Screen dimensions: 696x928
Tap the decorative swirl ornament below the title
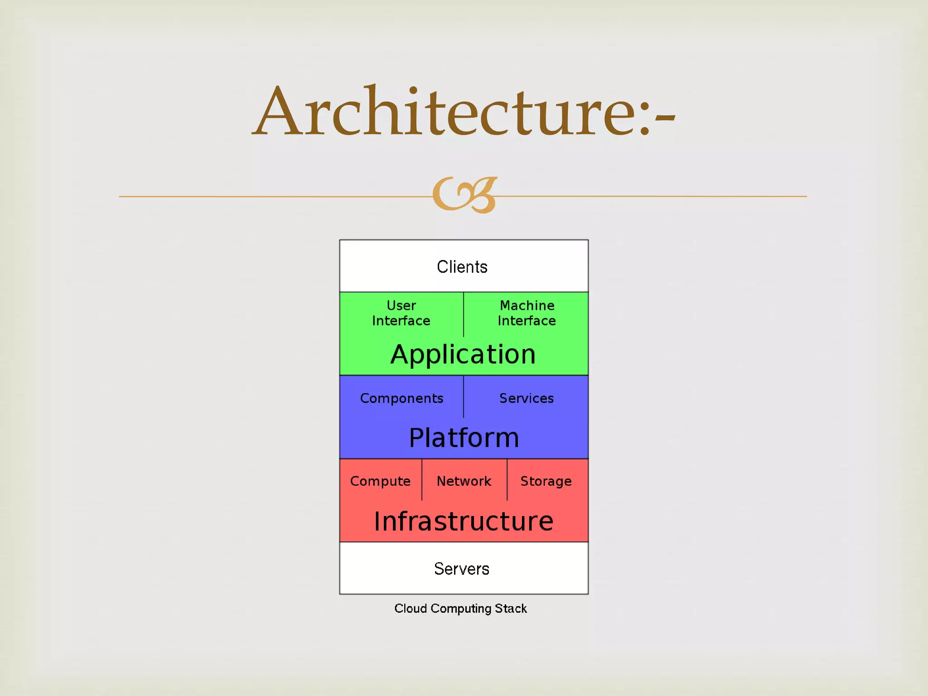pyautogui.click(x=465, y=195)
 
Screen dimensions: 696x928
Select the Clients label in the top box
pyautogui.click(x=462, y=267)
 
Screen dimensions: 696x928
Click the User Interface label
pyautogui.click(x=401, y=313)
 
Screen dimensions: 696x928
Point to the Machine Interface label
pyautogui.click(x=527, y=313)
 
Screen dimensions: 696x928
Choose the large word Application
pyautogui.click(x=463, y=354)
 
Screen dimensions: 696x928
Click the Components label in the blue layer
pyautogui.click(x=401, y=398)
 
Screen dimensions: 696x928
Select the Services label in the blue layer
pyautogui.click(x=527, y=398)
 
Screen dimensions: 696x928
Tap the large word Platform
pyautogui.click(x=464, y=438)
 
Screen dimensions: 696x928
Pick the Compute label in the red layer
pyautogui.click(x=380, y=481)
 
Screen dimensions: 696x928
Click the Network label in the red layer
pyautogui.click(x=464, y=481)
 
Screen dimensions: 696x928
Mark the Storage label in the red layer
pyautogui.click(x=546, y=481)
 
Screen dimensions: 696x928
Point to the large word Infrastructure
pyautogui.click(x=464, y=521)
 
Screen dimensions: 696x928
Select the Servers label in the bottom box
pyautogui.click(x=462, y=569)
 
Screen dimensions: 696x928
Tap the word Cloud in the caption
pyautogui.click(x=411, y=609)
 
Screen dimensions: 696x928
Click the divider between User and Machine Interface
pyautogui.click(x=464, y=314)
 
